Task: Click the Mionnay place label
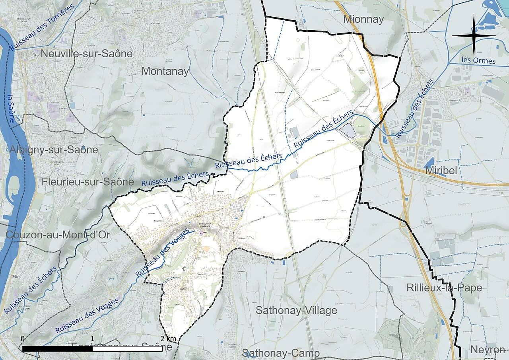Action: pos(363,19)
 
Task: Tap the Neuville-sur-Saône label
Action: pos(86,53)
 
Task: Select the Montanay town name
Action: pos(165,71)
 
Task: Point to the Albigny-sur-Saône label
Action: pos(53,150)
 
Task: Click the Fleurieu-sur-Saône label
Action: pos(87,182)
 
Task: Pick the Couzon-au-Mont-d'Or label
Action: pos(58,235)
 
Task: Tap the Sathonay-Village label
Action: pos(296,310)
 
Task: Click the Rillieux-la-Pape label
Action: pos(444,288)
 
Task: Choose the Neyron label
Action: pos(488,350)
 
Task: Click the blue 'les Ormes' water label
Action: pos(479,61)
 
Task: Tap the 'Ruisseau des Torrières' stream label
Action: pos(42,27)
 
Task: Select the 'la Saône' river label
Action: pos(12,108)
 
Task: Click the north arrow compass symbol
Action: pos(474,35)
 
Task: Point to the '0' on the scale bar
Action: pos(23,339)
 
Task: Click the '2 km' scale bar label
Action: pos(168,339)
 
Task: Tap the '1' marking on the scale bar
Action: pos(93,339)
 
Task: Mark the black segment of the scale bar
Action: pos(58,348)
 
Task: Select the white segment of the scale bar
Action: pos(127,348)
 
